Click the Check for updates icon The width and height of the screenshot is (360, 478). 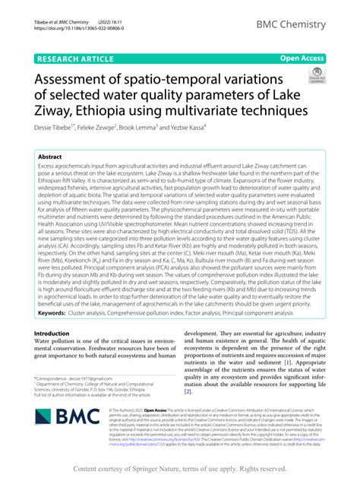tap(312, 74)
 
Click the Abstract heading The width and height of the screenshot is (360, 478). tap(55, 155)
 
